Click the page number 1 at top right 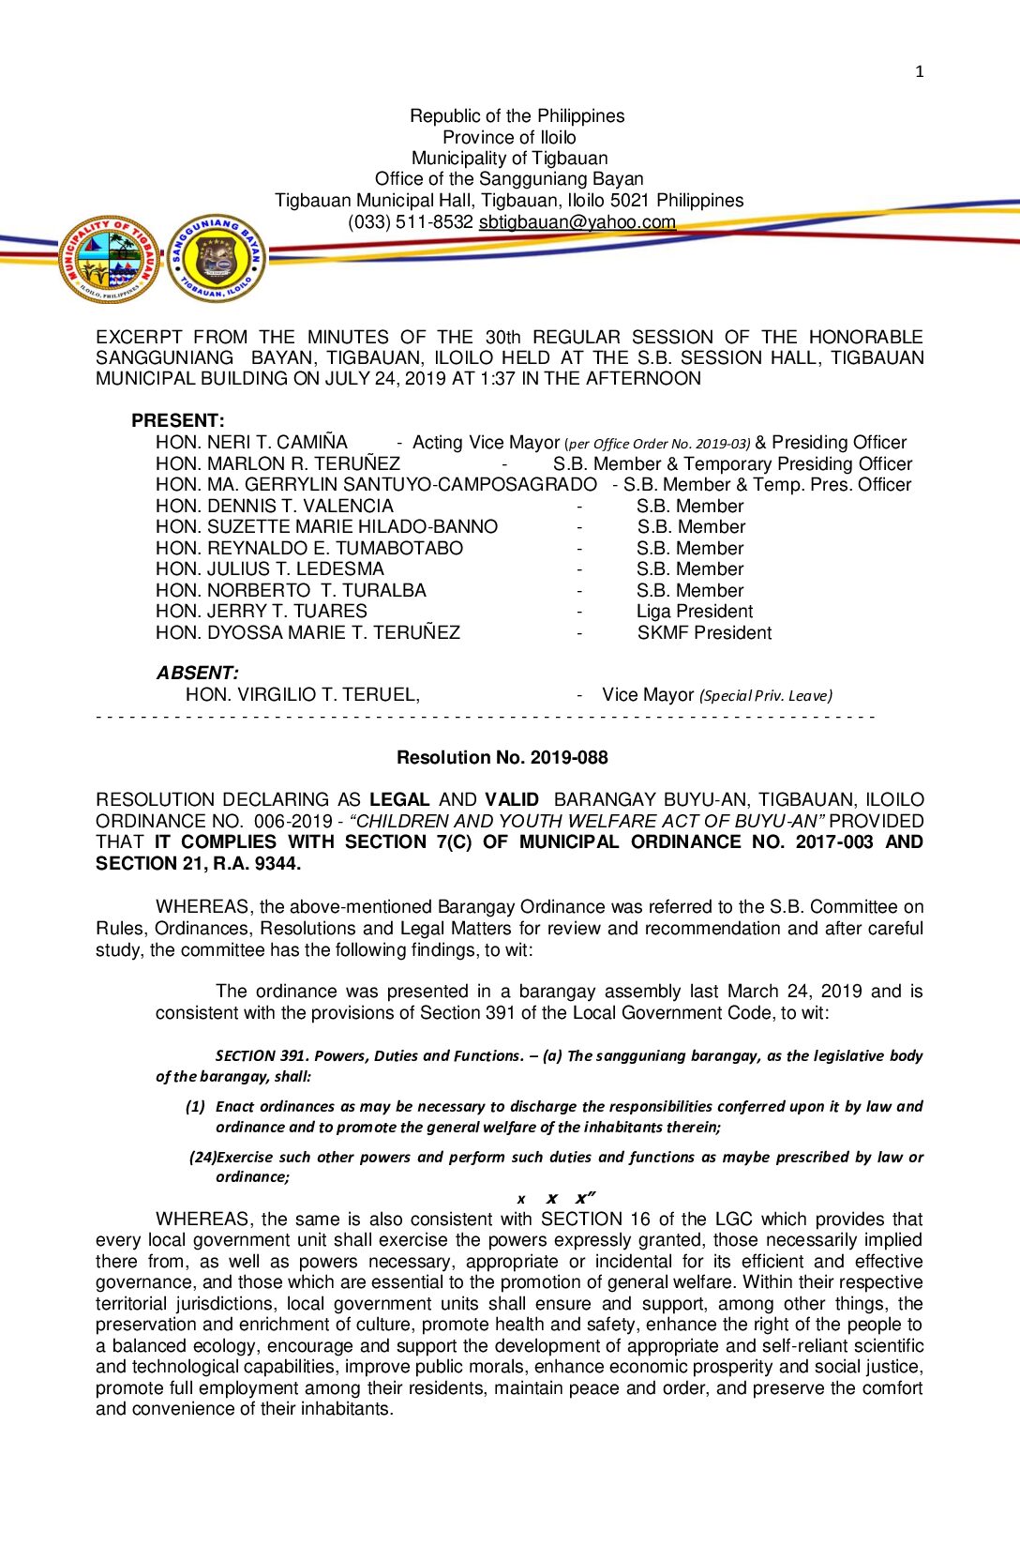click(919, 71)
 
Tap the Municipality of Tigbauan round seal click(109, 259)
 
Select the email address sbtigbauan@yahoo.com click(577, 222)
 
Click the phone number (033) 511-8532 click(410, 222)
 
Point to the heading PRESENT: click(178, 420)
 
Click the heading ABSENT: click(197, 673)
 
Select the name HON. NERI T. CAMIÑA click(251, 443)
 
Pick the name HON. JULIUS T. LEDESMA click(270, 569)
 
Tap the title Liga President click(695, 612)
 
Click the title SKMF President click(704, 633)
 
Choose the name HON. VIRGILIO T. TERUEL click(302, 695)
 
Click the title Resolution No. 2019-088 click(502, 757)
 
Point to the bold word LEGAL click(399, 800)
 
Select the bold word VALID click(512, 800)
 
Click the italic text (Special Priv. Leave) click(766, 696)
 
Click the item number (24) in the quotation click(202, 1158)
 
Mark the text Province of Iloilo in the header click(509, 137)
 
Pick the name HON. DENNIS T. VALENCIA click(275, 507)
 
